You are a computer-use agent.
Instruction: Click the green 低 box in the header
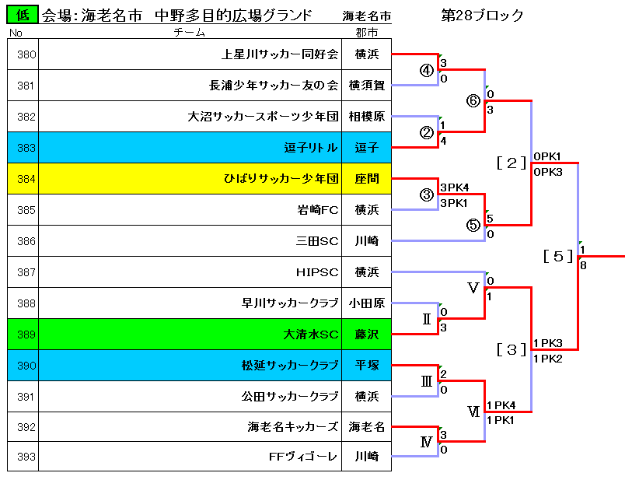pyautogui.click(x=23, y=15)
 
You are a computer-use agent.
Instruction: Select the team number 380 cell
pyautogui.click(x=23, y=54)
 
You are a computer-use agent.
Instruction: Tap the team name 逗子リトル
pyautogui.click(x=311, y=148)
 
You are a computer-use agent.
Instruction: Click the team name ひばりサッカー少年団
pyautogui.click(x=281, y=179)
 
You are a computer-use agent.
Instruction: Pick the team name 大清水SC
pyautogui.click(x=311, y=335)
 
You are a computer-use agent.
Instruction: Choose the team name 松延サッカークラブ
pyautogui.click(x=290, y=366)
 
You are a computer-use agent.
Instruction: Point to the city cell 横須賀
pyautogui.click(x=367, y=86)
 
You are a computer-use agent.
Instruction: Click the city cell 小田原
pyautogui.click(x=367, y=303)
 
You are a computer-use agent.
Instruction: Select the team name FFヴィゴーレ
pyautogui.click(x=303, y=457)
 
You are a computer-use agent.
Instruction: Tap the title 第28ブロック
pyautogui.click(x=483, y=16)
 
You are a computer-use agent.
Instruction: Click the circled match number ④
pyautogui.click(x=427, y=71)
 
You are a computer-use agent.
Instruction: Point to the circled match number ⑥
pyautogui.click(x=473, y=101)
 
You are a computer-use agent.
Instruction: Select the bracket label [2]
pyautogui.click(x=512, y=163)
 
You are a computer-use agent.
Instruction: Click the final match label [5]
pyautogui.click(x=558, y=256)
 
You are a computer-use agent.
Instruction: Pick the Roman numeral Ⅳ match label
pyautogui.click(x=427, y=442)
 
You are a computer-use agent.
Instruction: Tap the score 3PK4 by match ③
pyautogui.click(x=455, y=187)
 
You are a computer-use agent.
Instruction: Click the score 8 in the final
pyautogui.click(x=583, y=265)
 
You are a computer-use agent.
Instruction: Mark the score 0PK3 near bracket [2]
pyautogui.click(x=548, y=172)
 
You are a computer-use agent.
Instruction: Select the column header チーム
pyautogui.click(x=190, y=32)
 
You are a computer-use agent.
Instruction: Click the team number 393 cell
pyautogui.click(x=23, y=456)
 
